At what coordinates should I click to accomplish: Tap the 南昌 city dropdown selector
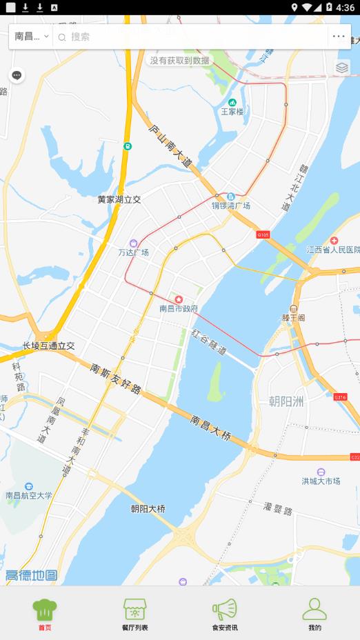coord(31,37)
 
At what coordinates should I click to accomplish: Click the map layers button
coord(342,68)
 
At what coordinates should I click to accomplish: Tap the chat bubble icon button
coord(17,75)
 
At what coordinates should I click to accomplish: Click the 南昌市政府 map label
coord(179,308)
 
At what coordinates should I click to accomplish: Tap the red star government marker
coord(179,299)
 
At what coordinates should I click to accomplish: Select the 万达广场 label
coord(133,252)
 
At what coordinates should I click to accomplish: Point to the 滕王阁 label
coord(293,318)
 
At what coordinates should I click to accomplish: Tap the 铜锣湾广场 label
coord(231,206)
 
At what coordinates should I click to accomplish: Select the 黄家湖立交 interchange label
coord(119,199)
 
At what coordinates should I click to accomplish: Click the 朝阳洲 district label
coord(286,401)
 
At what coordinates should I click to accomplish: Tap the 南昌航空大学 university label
coord(28,495)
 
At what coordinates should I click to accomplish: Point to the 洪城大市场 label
coord(321,481)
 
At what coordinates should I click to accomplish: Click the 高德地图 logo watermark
coord(31,575)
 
